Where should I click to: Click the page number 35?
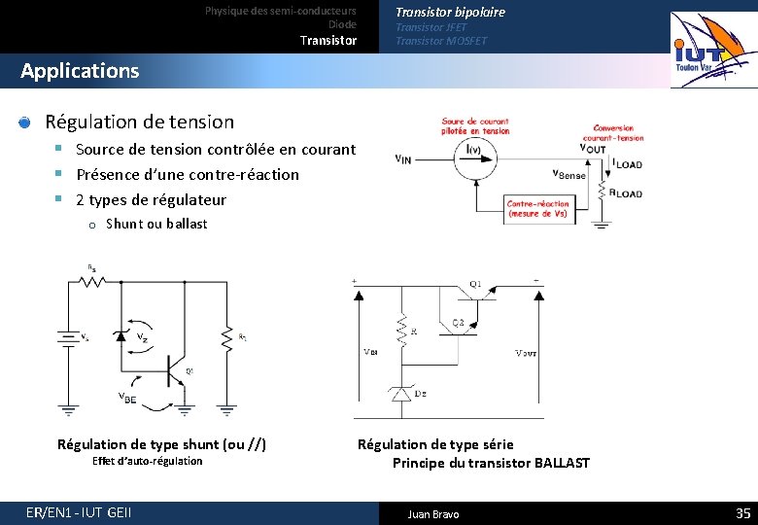[742, 513]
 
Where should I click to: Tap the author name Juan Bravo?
[433, 514]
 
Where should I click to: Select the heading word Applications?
[80, 71]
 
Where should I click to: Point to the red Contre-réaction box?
[537, 208]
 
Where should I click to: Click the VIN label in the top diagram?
[402, 159]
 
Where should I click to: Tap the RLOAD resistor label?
[628, 192]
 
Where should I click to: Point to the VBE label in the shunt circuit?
[127, 396]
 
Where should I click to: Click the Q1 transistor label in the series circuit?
[475, 284]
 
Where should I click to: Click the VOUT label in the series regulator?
[527, 353]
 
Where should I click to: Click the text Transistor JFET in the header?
[431, 27]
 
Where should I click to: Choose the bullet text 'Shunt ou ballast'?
[156, 224]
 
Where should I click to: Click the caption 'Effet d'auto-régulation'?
[147, 461]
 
